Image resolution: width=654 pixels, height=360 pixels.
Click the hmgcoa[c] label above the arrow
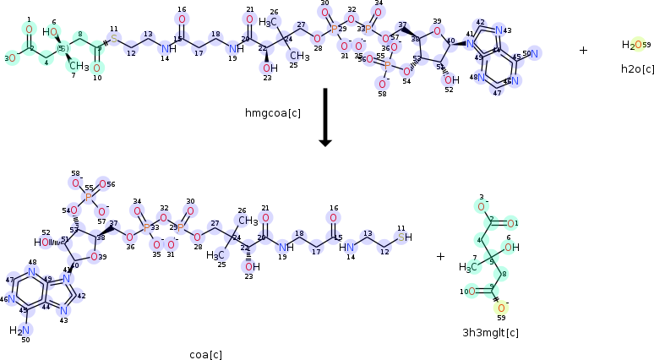272,112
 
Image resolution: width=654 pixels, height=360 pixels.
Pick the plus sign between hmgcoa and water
583,51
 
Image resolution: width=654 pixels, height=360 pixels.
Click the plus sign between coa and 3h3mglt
440,256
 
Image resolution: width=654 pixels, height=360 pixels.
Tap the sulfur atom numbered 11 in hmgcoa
114,39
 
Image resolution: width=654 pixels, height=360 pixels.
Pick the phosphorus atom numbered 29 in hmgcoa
335,28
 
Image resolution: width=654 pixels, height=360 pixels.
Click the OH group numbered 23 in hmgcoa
269,68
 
